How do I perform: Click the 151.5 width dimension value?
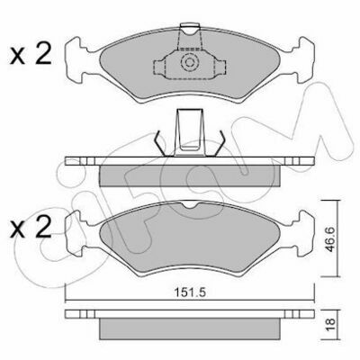[x=190, y=292]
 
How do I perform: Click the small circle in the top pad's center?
[x=190, y=62]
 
